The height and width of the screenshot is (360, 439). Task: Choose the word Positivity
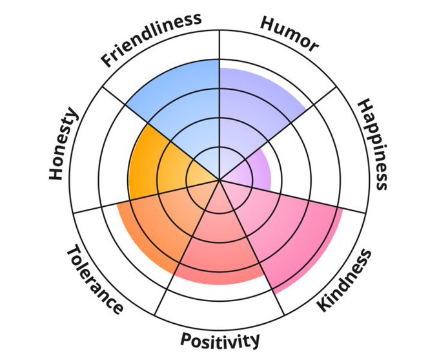click(220, 339)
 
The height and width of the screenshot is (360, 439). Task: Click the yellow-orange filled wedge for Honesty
click(158, 162)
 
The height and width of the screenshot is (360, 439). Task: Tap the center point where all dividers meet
click(219, 180)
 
